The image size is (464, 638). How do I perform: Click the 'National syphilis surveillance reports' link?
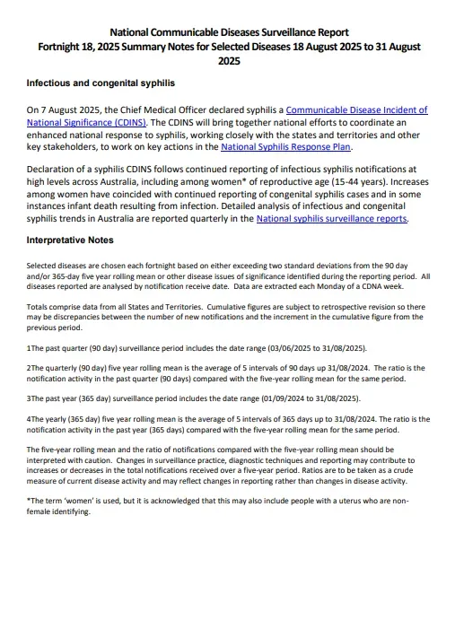click(331, 218)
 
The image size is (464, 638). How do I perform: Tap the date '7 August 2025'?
click(71, 110)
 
